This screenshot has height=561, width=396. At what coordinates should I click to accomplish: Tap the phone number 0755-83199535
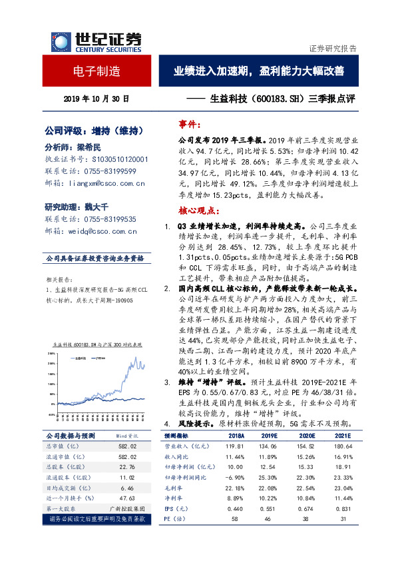coord(111,219)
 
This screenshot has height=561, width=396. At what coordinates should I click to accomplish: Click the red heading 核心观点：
coord(198,210)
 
